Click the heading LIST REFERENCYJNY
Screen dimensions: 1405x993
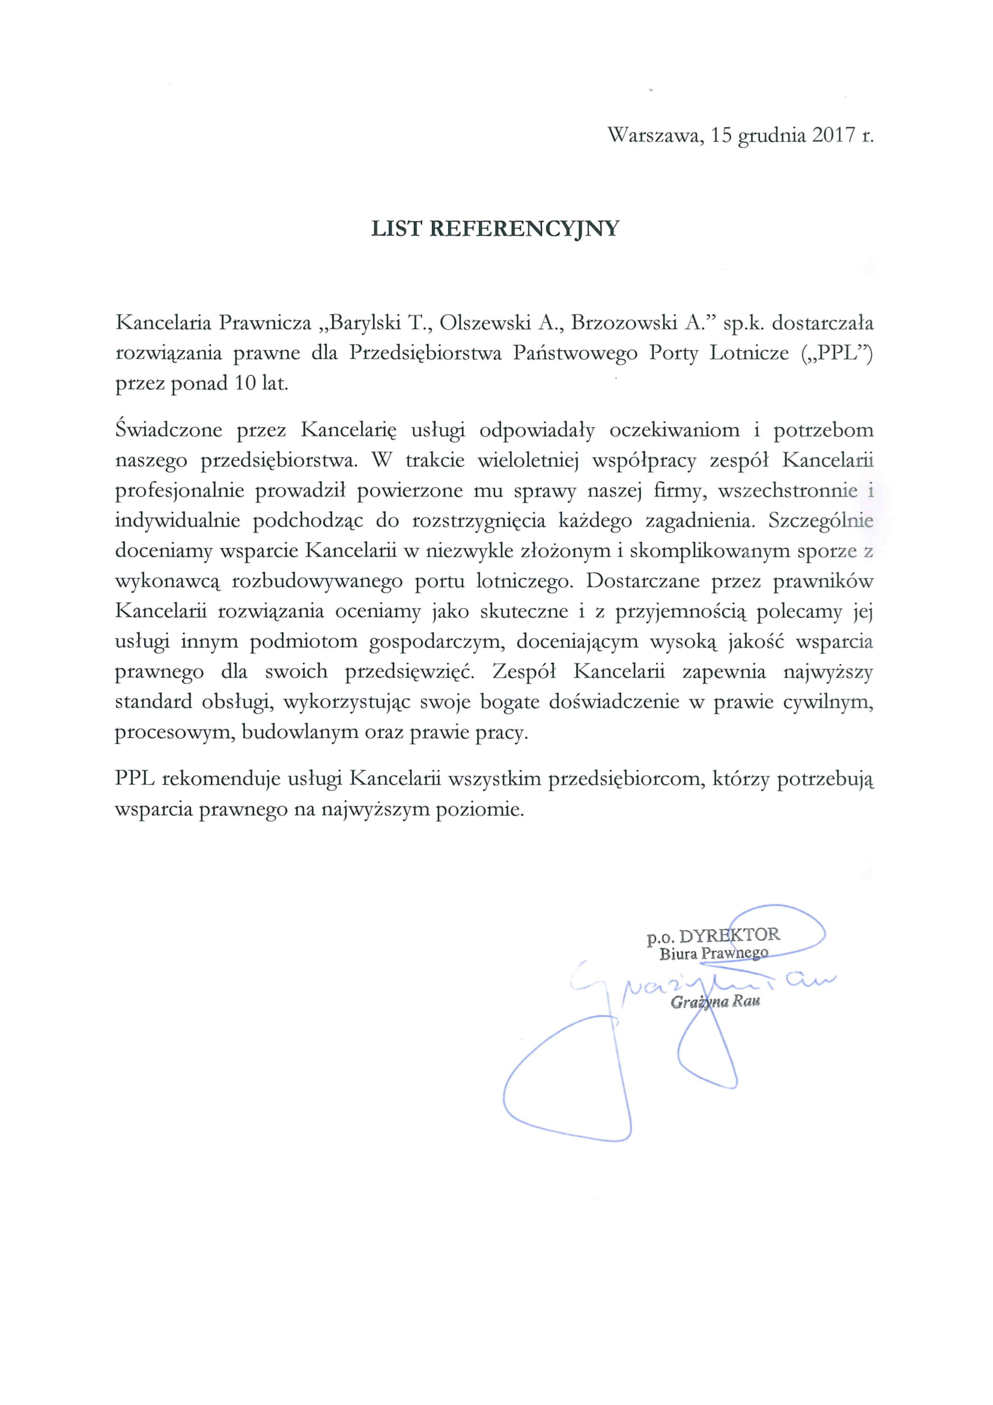(x=496, y=229)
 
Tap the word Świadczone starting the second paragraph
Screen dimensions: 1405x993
(x=169, y=430)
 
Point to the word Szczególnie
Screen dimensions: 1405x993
(x=821, y=521)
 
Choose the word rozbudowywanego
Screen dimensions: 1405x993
(x=318, y=581)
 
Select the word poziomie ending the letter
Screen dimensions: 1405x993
(x=479, y=809)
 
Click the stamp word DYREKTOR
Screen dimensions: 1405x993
(x=729, y=936)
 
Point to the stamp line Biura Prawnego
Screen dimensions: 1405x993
(x=714, y=953)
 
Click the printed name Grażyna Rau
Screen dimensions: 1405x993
(x=715, y=1002)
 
